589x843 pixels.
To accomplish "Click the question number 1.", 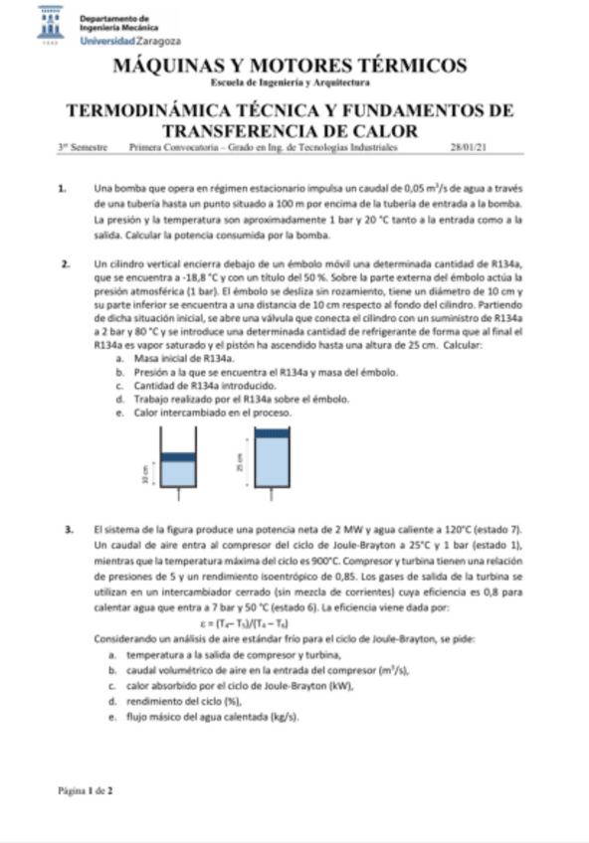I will pyautogui.click(x=63, y=187).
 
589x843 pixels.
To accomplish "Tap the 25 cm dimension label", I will pyautogui.click(x=239, y=461).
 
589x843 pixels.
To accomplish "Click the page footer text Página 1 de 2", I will pyautogui.click(x=85, y=790).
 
